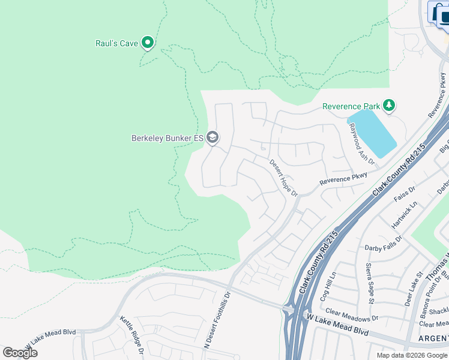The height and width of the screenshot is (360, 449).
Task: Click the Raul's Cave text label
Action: pyautogui.click(x=116, y=43)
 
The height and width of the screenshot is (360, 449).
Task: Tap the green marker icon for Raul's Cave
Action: pyautogui.click(x=148, y=43)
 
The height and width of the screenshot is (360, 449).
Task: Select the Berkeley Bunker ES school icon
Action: pyautogui.click(x=212, y=138)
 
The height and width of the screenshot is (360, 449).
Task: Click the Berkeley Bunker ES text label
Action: pyautogui.click(x=167, y=138)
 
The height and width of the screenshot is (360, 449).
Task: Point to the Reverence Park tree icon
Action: pyautogui.click(x=389, y=106)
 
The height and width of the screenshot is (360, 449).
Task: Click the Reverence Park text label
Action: pyautogui.click(x=351, y=106)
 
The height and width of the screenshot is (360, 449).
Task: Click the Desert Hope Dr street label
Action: pyautogui.click(x=283, y=178)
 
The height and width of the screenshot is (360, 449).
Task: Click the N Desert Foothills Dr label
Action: pyautogui.click(x=217, y=320)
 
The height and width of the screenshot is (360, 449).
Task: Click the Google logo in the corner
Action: pyautogui.click(x=20, y=353)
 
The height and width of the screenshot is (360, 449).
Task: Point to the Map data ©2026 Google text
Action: pyautogui.click(x=412, y=355)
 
